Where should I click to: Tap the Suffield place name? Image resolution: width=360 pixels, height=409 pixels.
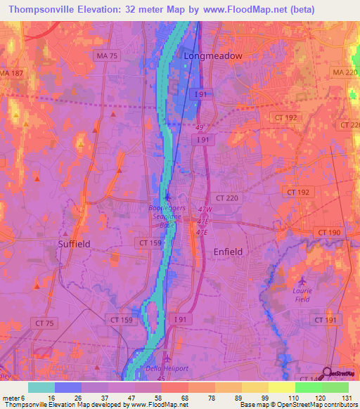pos(74,243)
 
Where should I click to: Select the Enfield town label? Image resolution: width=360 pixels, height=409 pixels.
pos(227,251)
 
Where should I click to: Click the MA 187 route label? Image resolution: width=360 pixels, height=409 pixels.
pos(10,73)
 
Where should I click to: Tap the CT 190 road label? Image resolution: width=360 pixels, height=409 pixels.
pos(328,233)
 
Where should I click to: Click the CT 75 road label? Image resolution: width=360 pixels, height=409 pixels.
pos(44,322)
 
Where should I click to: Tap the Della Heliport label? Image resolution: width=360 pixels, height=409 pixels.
pos(162,368)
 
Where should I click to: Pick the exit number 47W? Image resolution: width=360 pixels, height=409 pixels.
pos(205,209)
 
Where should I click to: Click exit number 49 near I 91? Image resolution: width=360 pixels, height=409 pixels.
pos(199,127)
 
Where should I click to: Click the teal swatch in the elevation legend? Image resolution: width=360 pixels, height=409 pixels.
pos(41,387)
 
